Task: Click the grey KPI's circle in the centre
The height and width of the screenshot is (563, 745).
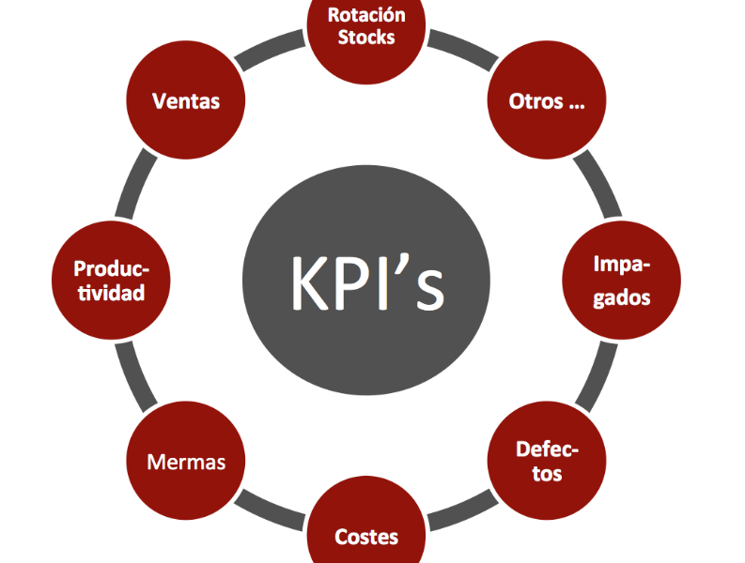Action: point(366,280)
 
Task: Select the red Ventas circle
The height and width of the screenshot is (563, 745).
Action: point(185,101)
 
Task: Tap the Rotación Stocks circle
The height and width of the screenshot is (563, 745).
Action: point(366,28)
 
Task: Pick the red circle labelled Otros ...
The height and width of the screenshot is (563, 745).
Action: point(547,101)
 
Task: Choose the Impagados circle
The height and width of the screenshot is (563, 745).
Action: point(621,281)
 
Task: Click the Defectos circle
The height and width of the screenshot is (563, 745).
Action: point(547,460)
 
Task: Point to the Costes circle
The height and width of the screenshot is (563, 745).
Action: point(366,530)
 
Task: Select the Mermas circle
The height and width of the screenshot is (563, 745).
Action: point(186,461)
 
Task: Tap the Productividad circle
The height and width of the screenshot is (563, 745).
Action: point(111,281)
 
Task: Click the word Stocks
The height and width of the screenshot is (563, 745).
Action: point(366,38)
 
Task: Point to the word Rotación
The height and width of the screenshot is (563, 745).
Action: point(366,15)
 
